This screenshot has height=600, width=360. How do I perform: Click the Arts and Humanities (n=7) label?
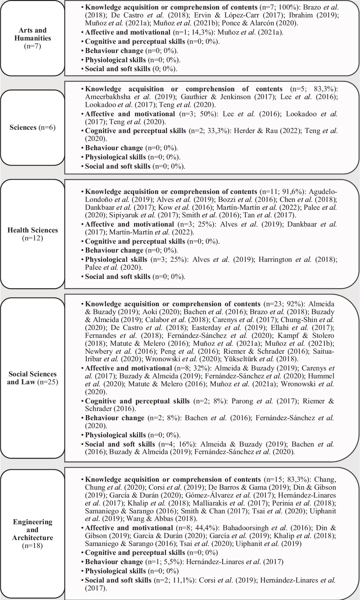click(x=33, y=38)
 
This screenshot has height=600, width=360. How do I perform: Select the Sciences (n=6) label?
click(x=32, y=127)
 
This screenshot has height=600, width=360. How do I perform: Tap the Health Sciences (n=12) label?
click(x=33, y=234)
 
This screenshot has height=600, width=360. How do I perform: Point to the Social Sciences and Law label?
click(x=33, y=378)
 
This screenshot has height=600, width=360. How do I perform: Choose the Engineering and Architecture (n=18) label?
click(x=32, y=533)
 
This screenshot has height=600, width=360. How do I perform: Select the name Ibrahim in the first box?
click(x=300, y=15)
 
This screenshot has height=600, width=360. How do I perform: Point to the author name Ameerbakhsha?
click(x=108, y=97)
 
